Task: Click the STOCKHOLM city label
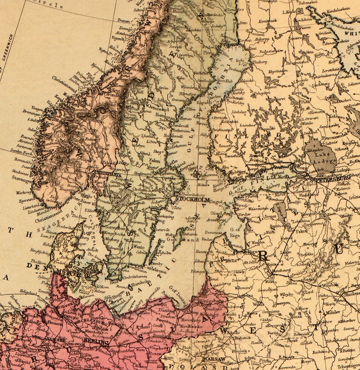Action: [x=192, y=199]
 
